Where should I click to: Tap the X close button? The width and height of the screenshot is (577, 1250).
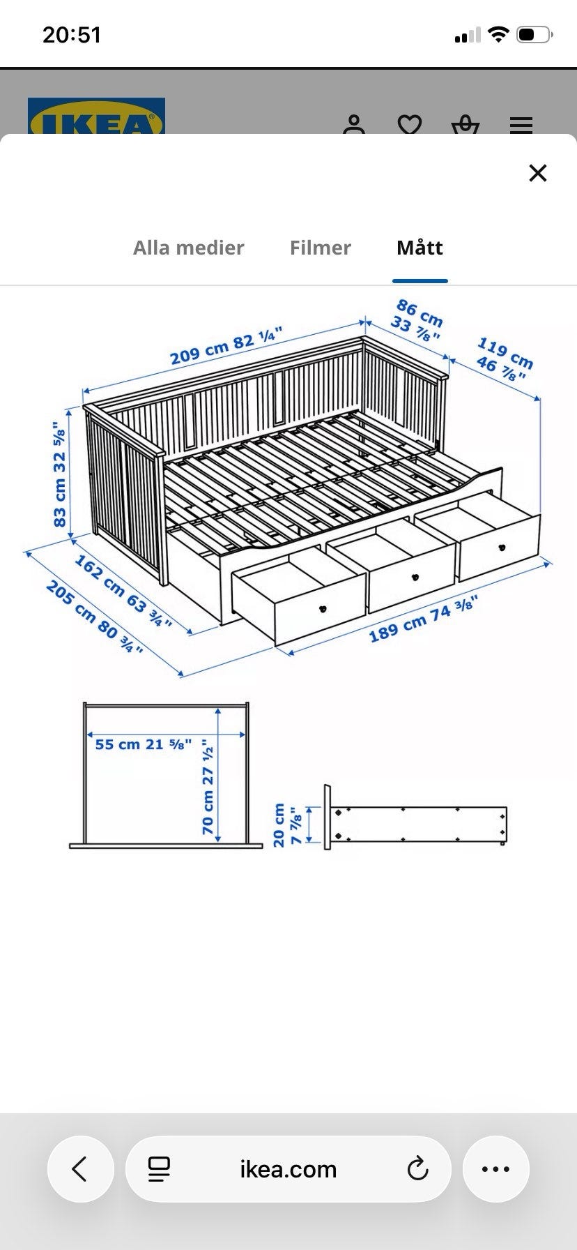[537, 173]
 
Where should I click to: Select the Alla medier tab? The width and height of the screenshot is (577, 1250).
[188, 248]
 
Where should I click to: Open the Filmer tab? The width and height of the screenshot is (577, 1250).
[320, 248]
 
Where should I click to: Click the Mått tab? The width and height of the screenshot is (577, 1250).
[420, 248]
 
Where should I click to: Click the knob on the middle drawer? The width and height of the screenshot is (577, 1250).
[417, 578]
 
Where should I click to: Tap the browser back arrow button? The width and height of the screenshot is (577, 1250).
[80, 1169]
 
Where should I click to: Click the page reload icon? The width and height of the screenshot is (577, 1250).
[417, 1168]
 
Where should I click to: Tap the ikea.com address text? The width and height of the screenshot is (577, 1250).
[288, 1169]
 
